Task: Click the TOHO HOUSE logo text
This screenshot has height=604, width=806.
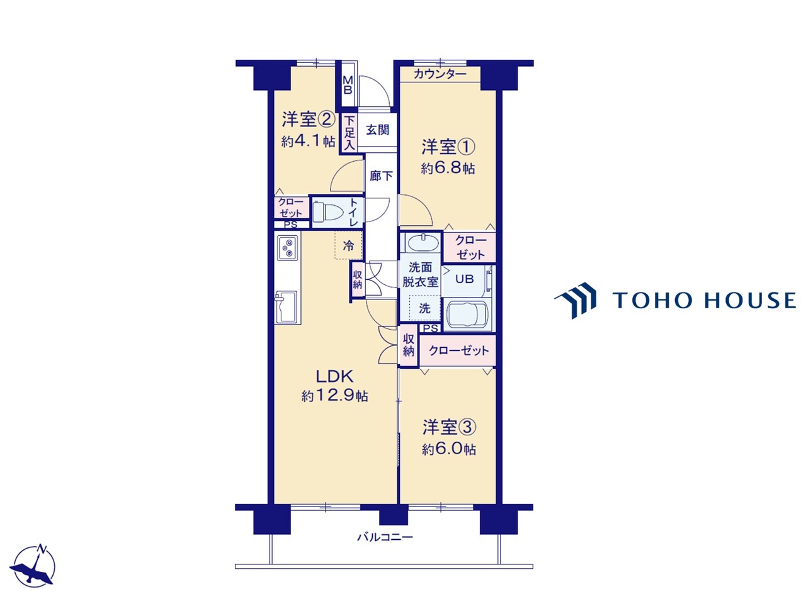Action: [704, 299]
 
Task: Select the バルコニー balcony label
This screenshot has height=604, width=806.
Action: [385, 537]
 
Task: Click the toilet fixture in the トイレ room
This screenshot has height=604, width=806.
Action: [327, 212]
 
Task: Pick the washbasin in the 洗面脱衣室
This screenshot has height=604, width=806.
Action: [424, 242]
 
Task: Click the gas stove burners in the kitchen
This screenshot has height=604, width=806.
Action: [288, 247]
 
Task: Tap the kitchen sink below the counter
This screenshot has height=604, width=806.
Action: [286, 307]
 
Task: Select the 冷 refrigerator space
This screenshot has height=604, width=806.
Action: [348, 245]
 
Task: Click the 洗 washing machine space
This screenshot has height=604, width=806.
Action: [424, 308]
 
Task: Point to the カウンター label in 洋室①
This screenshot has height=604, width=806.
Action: [440, 74]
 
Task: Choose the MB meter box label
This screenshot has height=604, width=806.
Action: [348, 85]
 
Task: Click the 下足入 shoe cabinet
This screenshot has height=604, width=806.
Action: [349, 132]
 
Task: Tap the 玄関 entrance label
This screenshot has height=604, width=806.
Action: [377, 130]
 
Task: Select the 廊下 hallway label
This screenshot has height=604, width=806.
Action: [381, 176]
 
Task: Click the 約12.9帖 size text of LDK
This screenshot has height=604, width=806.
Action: [334, 396]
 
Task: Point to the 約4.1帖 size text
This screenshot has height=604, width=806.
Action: [308, 141]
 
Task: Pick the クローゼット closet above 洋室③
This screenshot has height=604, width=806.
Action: [458, 350]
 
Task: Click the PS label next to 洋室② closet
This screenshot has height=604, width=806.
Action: [291, 225]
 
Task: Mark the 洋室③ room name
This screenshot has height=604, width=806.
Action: [449, 427]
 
